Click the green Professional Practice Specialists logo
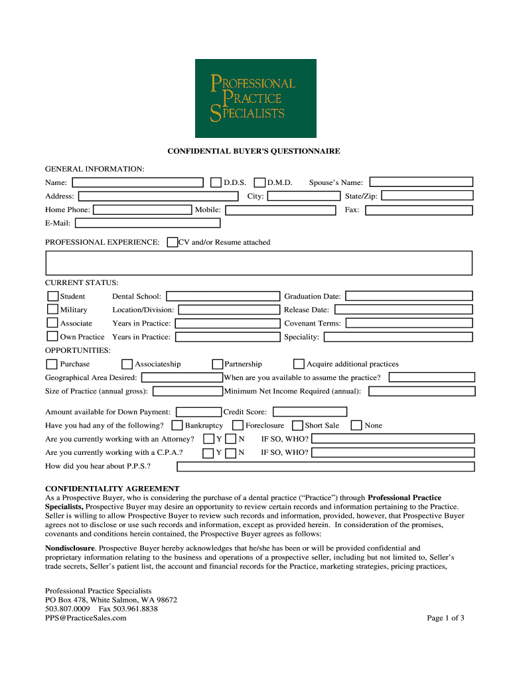[x=256, y=98]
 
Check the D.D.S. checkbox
[x=216, y=182]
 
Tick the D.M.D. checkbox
[x=260, y=182]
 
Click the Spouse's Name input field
[x=421, y=182]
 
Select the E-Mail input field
[x=147, y=223]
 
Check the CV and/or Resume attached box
[x=173, y=243]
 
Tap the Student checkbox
[x=52, y=296]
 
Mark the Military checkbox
[x=52, y=310]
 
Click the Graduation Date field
[x=409, y=296]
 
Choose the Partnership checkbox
[x=217, y=364]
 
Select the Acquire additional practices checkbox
[x=299, y=364]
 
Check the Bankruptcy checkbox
[x=177, y=426]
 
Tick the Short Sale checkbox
[x=297, y=426]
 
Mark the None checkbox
[x=356, y=426]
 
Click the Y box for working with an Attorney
[x=208, y=439]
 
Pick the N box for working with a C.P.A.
[x=230, y=453]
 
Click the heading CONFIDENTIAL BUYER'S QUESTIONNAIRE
[x=254, y=151]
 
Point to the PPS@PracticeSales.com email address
[x=86, y=618]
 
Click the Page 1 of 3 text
[x=445, y=618]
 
